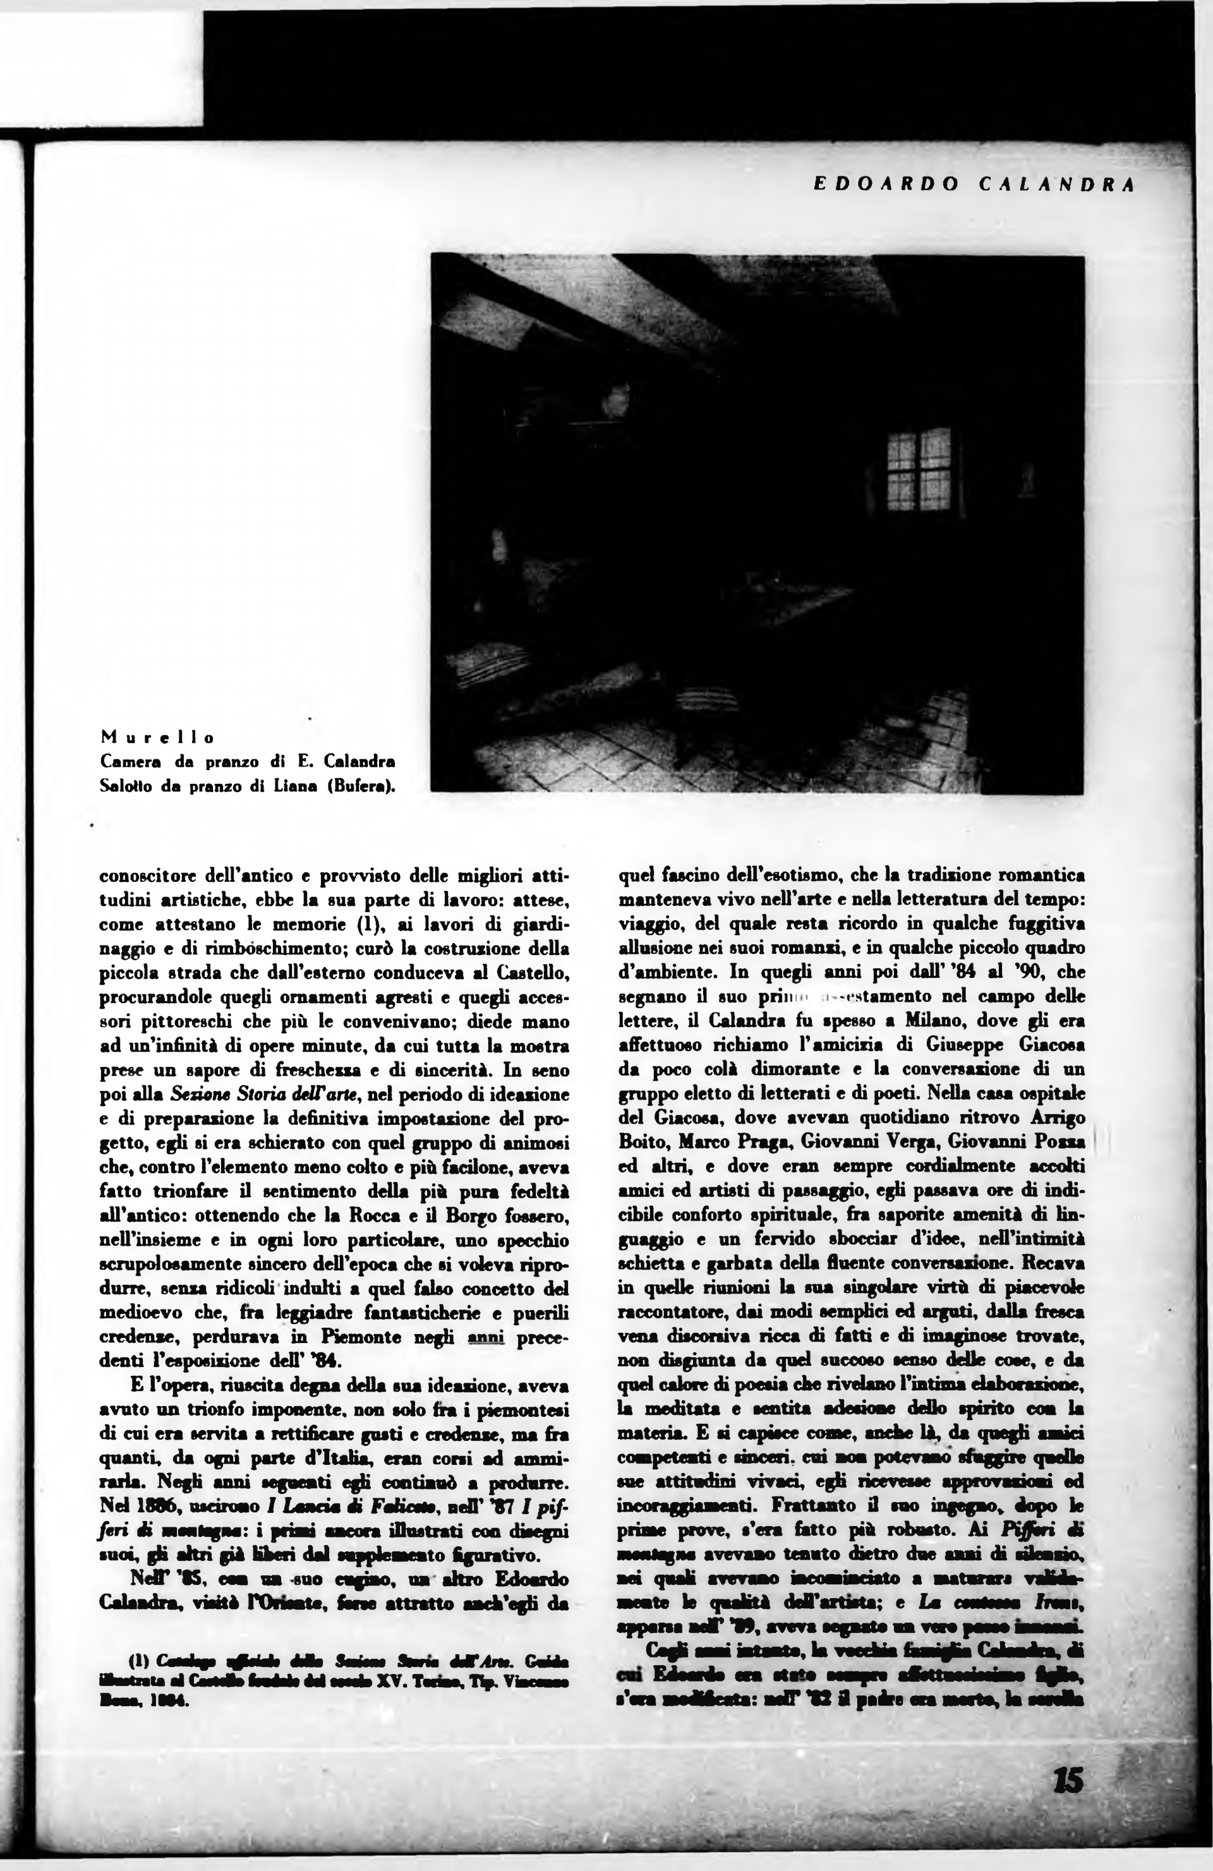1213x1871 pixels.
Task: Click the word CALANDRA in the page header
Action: click(x=1058, y=186)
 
